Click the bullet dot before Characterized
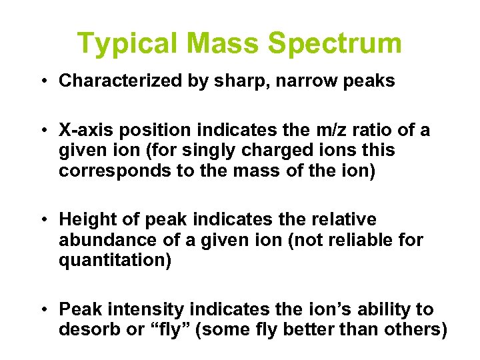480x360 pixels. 42,82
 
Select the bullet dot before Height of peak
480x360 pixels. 42,220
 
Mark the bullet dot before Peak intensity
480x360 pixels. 42,310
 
